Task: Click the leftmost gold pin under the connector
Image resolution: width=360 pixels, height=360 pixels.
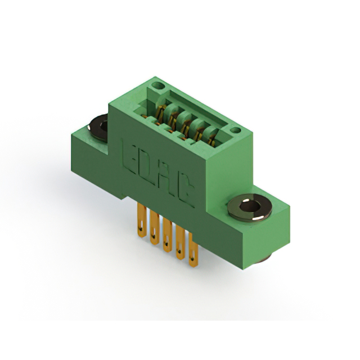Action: (142, 220)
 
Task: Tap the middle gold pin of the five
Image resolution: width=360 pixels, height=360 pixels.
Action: (168, 235)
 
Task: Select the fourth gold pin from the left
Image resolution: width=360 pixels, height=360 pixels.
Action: (180, 242)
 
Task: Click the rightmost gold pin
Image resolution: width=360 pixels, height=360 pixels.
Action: (193, 250)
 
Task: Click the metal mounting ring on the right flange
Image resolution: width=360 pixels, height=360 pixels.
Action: (250, 208)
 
